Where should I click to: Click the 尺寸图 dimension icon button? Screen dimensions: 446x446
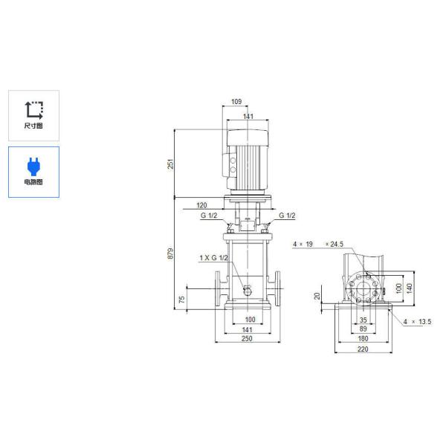tap(33, 115)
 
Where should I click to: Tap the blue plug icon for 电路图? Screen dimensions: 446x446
tap(33, 164)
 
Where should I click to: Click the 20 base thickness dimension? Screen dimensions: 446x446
tap(317, 296)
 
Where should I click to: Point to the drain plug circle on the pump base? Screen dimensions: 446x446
tap(247, 291)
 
